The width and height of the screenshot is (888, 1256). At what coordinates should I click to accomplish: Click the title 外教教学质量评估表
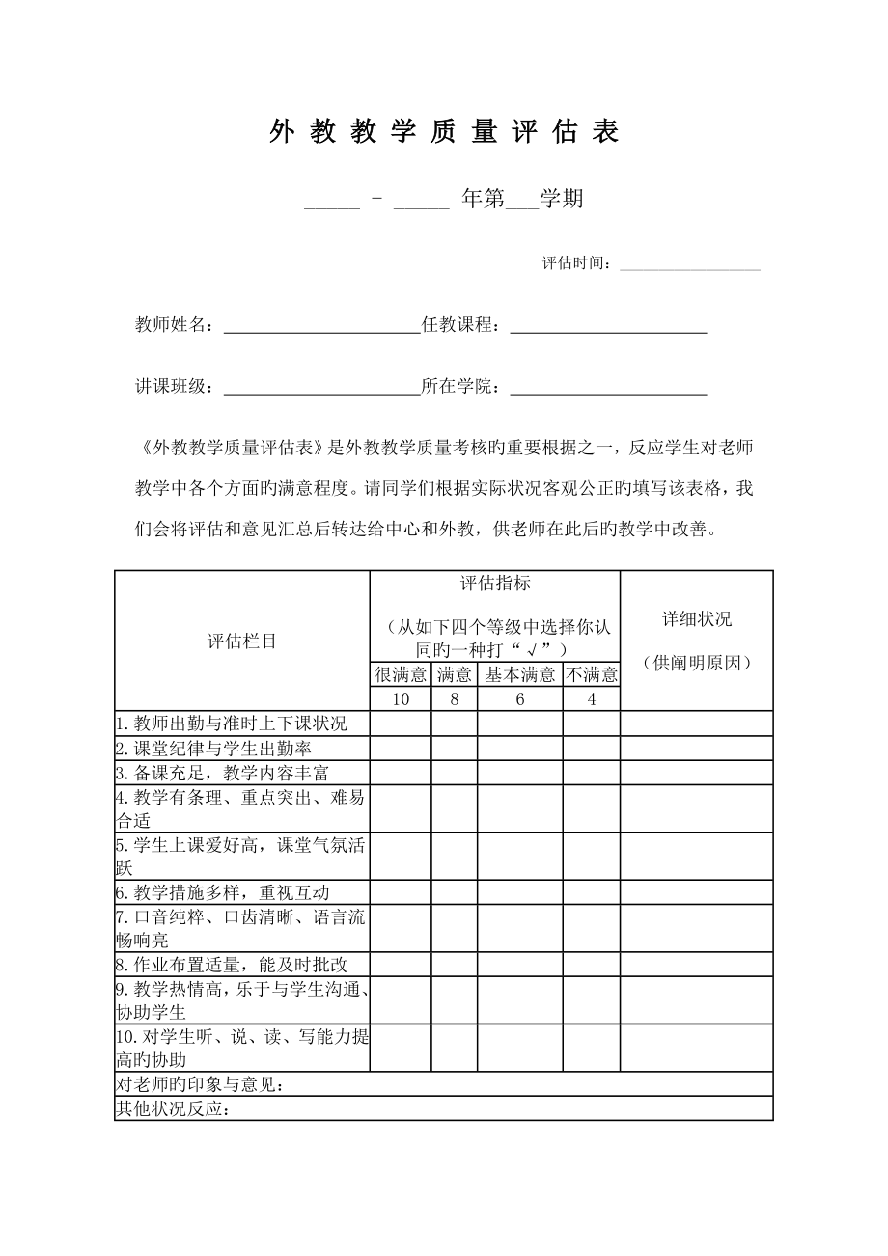443,132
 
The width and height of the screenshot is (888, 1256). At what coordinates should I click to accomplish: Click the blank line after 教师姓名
321,326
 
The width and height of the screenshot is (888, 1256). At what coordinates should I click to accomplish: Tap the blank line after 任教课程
608,326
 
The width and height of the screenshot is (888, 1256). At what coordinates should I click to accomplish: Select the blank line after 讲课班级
321,388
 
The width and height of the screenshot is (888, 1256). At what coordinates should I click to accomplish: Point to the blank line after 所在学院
608,388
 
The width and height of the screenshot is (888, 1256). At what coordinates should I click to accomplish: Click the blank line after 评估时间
689,263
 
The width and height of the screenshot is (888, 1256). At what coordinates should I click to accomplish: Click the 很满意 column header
401,674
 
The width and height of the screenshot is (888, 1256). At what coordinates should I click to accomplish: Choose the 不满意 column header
591,674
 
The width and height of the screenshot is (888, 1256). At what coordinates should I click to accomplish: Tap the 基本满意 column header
519,674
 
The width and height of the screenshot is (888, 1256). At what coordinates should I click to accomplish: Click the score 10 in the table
401,699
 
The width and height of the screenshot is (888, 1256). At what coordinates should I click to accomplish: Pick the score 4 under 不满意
591,699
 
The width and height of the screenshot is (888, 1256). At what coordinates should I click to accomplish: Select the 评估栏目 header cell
242,641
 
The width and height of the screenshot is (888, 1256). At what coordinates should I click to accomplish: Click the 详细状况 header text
696,619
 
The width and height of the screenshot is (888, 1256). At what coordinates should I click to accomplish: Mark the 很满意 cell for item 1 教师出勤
401,724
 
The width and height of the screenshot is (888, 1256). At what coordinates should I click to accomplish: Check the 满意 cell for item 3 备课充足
454,773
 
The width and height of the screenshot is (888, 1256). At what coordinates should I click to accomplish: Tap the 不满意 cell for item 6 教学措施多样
591,892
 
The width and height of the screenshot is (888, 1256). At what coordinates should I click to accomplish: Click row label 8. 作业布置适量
231,964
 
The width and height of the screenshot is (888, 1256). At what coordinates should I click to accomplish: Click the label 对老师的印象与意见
200,1084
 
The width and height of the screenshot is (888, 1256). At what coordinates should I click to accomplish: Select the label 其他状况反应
173,1108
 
